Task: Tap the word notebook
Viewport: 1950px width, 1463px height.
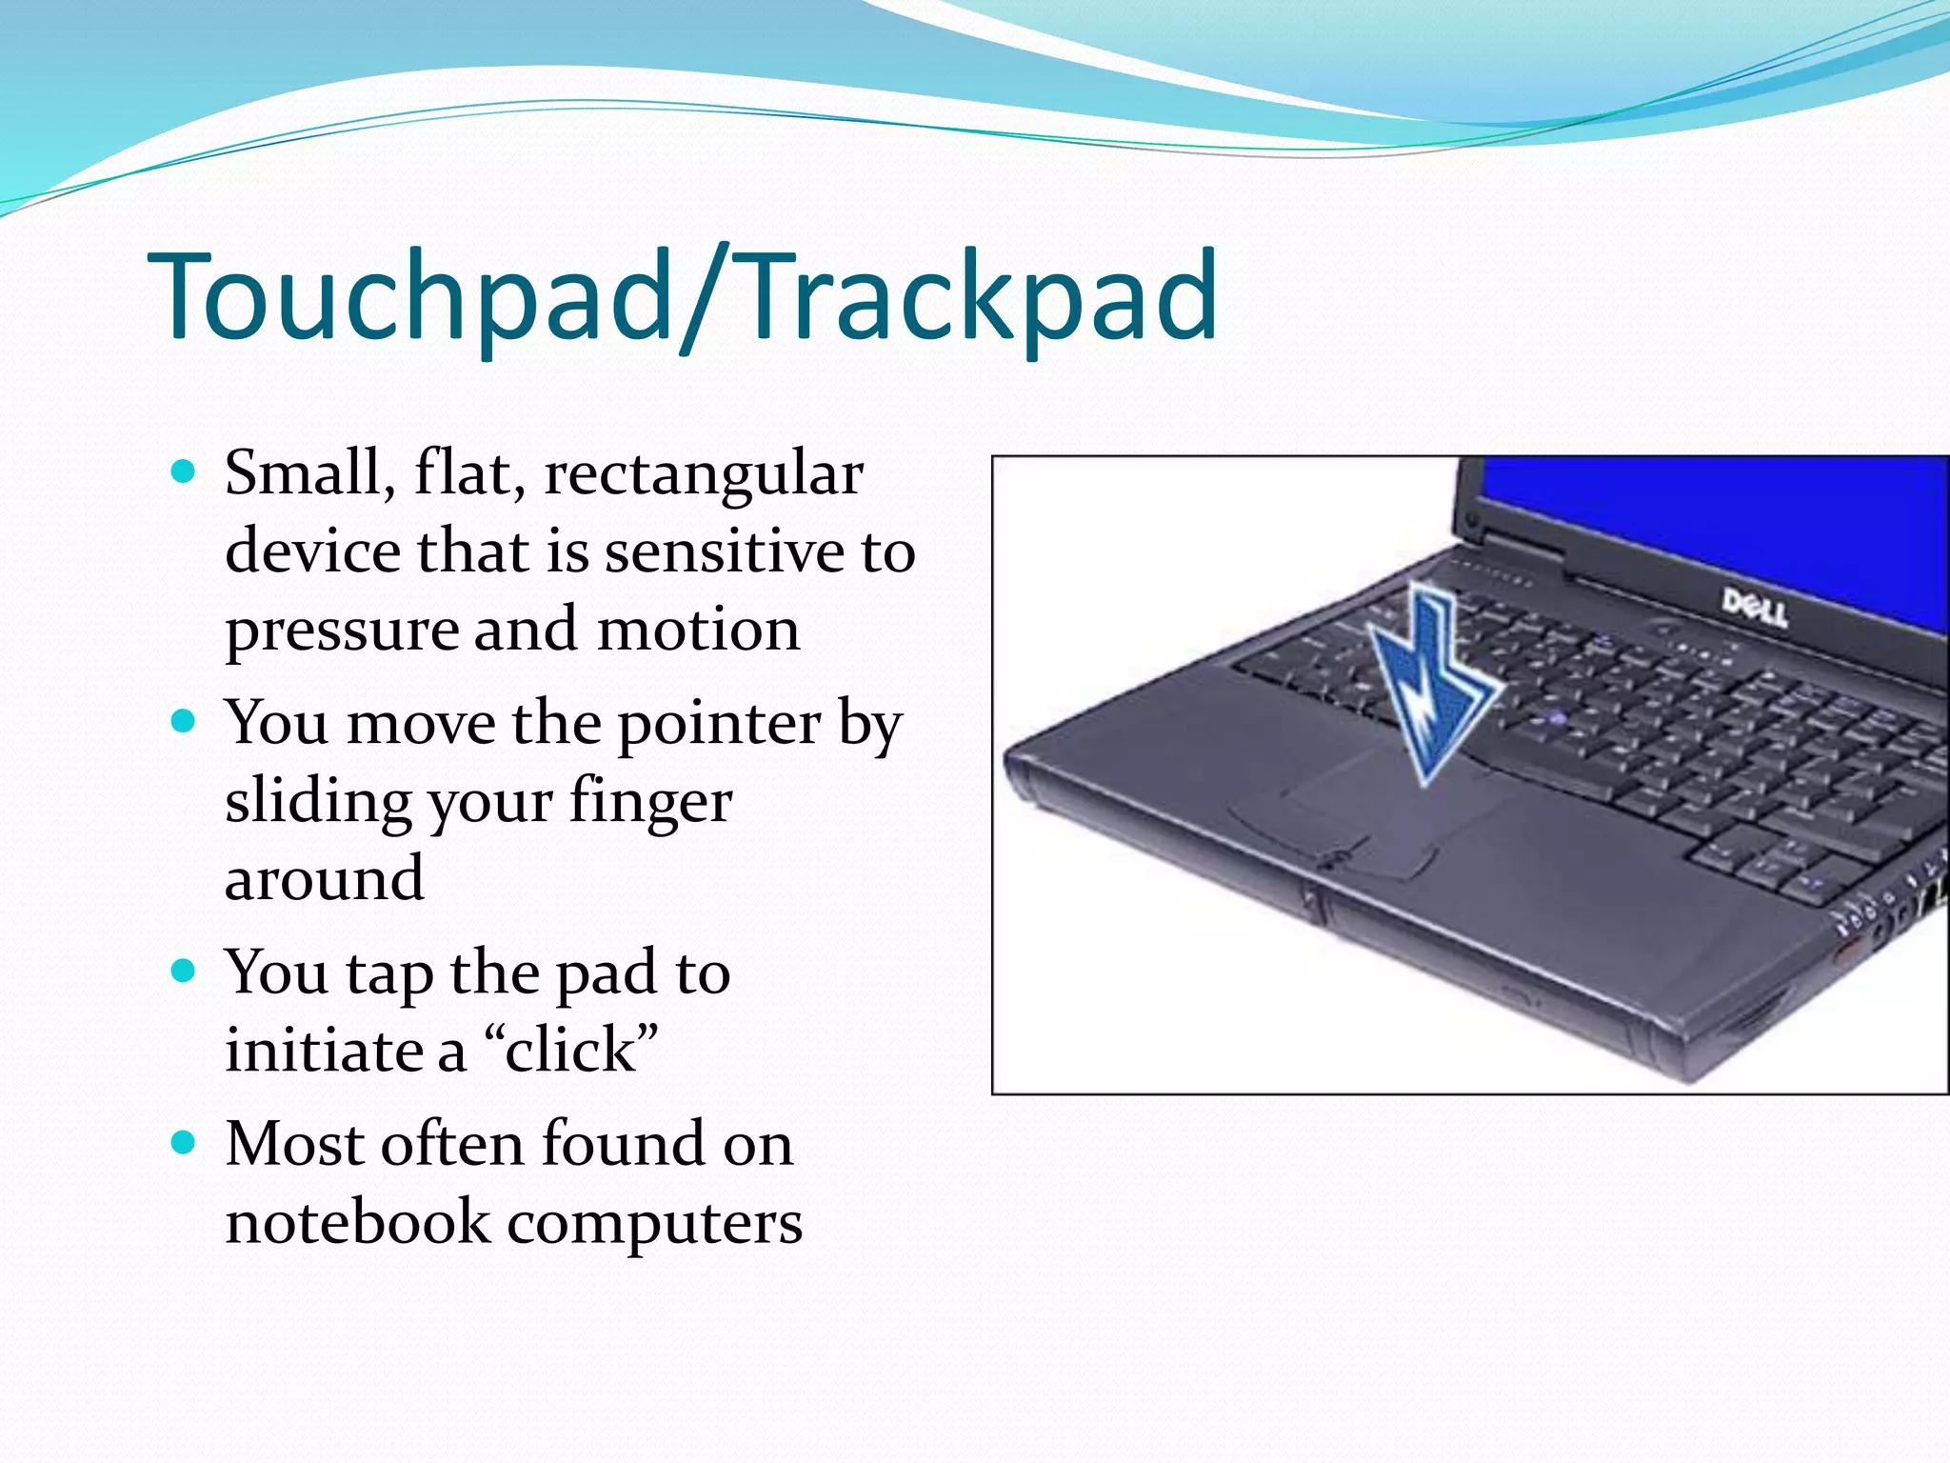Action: point(356,1223)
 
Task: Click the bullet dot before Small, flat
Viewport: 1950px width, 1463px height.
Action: point(183,471)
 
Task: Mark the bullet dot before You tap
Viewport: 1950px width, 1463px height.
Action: point(183,972)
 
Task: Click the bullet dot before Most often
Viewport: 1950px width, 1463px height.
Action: point(183,1142)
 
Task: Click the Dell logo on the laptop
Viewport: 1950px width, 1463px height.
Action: point(1754,608)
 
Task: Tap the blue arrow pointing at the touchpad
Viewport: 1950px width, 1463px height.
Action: point(1428,686)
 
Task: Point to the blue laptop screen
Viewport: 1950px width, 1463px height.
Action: point(1714,514)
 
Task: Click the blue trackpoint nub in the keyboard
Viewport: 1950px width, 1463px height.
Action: point(1558,717)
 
